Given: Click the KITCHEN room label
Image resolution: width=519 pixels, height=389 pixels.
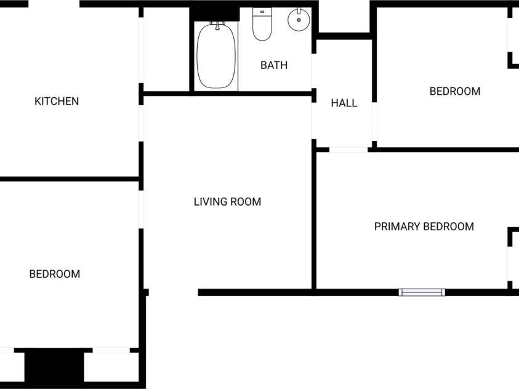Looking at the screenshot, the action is pos(57,101).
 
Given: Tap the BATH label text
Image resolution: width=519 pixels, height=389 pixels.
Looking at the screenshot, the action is pos(274,65).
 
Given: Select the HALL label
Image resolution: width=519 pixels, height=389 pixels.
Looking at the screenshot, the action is pos(344,103).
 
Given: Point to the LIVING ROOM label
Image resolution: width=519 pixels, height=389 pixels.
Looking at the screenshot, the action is pos(227,201).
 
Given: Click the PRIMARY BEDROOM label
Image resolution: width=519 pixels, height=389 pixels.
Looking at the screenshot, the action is pos(424,227).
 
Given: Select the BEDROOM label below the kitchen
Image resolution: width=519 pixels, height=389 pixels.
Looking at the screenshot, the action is pos(55,274).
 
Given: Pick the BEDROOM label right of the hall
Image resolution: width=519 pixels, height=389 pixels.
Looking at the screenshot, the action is pos(455,91).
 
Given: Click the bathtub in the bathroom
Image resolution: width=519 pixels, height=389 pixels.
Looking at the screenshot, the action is pos(216,55).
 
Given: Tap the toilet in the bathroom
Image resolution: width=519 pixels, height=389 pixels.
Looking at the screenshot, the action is pos(262,24).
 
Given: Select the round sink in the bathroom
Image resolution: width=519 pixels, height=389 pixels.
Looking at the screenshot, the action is pos(299,19).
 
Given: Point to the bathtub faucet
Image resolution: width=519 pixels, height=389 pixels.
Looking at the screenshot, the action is pos(217,25).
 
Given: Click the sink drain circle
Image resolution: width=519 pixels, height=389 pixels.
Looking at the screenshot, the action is pos(299,20).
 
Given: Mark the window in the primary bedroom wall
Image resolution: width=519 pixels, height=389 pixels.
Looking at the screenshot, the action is pos(422,292).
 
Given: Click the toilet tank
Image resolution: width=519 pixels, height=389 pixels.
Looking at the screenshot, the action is pos(262,12).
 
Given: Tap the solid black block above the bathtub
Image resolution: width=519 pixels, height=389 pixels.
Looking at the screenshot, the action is pos(214,14).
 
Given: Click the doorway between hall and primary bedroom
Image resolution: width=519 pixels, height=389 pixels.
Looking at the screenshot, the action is pos(348,150).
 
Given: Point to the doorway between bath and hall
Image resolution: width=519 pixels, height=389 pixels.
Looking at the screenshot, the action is pos(313,71).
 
